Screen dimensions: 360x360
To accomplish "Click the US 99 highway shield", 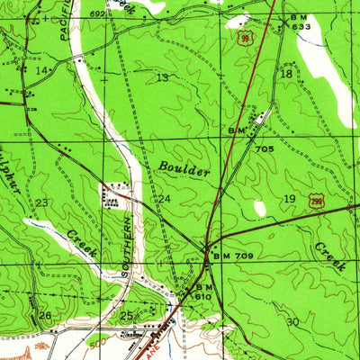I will (x=244, y=40).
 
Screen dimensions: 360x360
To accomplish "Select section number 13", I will (x=162, y=78).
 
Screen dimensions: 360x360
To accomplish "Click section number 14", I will (x=41, y=70).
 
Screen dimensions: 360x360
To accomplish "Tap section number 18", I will (x=286, y=75).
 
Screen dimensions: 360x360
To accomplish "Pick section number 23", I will (x=41, y=202).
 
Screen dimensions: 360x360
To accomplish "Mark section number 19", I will (x=289, y=198).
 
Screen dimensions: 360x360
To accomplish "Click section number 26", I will (x=45, y=315).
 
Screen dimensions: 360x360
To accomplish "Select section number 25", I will (x=127, y=315).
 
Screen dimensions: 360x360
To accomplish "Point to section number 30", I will (x=292, y=321).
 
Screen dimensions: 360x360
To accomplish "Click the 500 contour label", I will (x=96, y=342).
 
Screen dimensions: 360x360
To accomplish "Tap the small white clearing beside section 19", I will (x=260, y=208).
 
